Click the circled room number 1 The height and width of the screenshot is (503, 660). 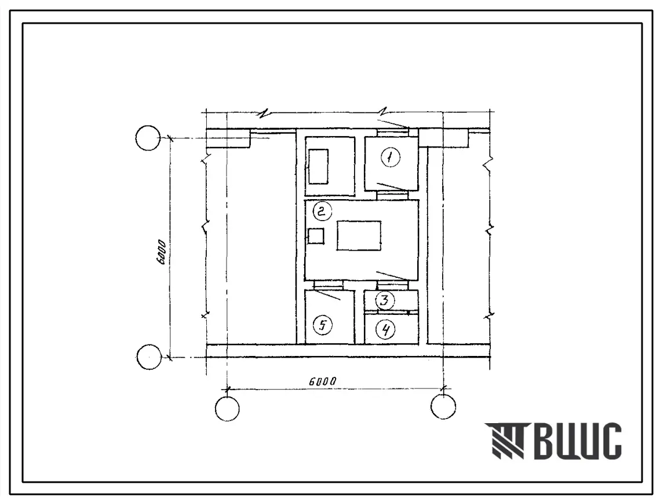point(390,157)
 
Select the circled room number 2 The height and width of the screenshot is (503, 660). point(322,211)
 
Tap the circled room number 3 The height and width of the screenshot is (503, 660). point(385,300)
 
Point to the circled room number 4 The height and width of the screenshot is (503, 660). point(385,329)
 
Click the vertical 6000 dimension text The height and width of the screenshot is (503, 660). point(162,252)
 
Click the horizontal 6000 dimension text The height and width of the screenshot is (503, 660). point(323,381)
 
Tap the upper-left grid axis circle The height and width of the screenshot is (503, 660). point(148,138)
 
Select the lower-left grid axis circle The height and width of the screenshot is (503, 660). point(148,357)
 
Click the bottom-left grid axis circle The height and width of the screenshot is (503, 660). point(227,408)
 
